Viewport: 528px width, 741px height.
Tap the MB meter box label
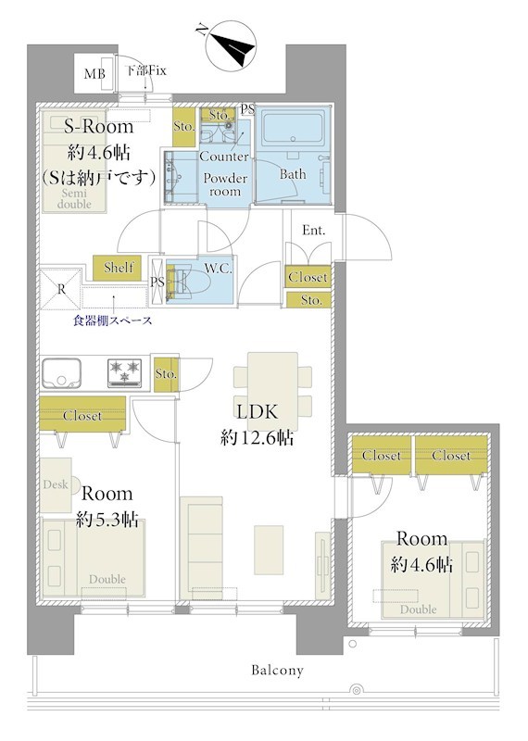point(94,74)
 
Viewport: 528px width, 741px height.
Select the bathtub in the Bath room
point(293,128)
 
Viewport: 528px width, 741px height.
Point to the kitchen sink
point(61,373)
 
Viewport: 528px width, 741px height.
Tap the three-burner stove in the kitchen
point(125,372)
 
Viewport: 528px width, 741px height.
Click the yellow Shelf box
point(118,268)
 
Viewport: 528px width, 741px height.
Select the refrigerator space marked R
point(61,289)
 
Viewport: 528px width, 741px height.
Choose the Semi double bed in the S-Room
point(74,161)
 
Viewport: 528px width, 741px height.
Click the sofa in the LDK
point(201,547)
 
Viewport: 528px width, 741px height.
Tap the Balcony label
point(277,670)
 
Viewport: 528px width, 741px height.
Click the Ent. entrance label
point(314,230)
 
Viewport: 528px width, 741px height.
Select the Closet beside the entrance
point(308,276)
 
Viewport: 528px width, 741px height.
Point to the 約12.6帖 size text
point(257,438)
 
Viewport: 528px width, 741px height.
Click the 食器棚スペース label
point(112,320)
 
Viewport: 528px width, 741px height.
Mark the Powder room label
point(225,184)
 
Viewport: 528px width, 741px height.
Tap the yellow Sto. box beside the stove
point(166,374)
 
